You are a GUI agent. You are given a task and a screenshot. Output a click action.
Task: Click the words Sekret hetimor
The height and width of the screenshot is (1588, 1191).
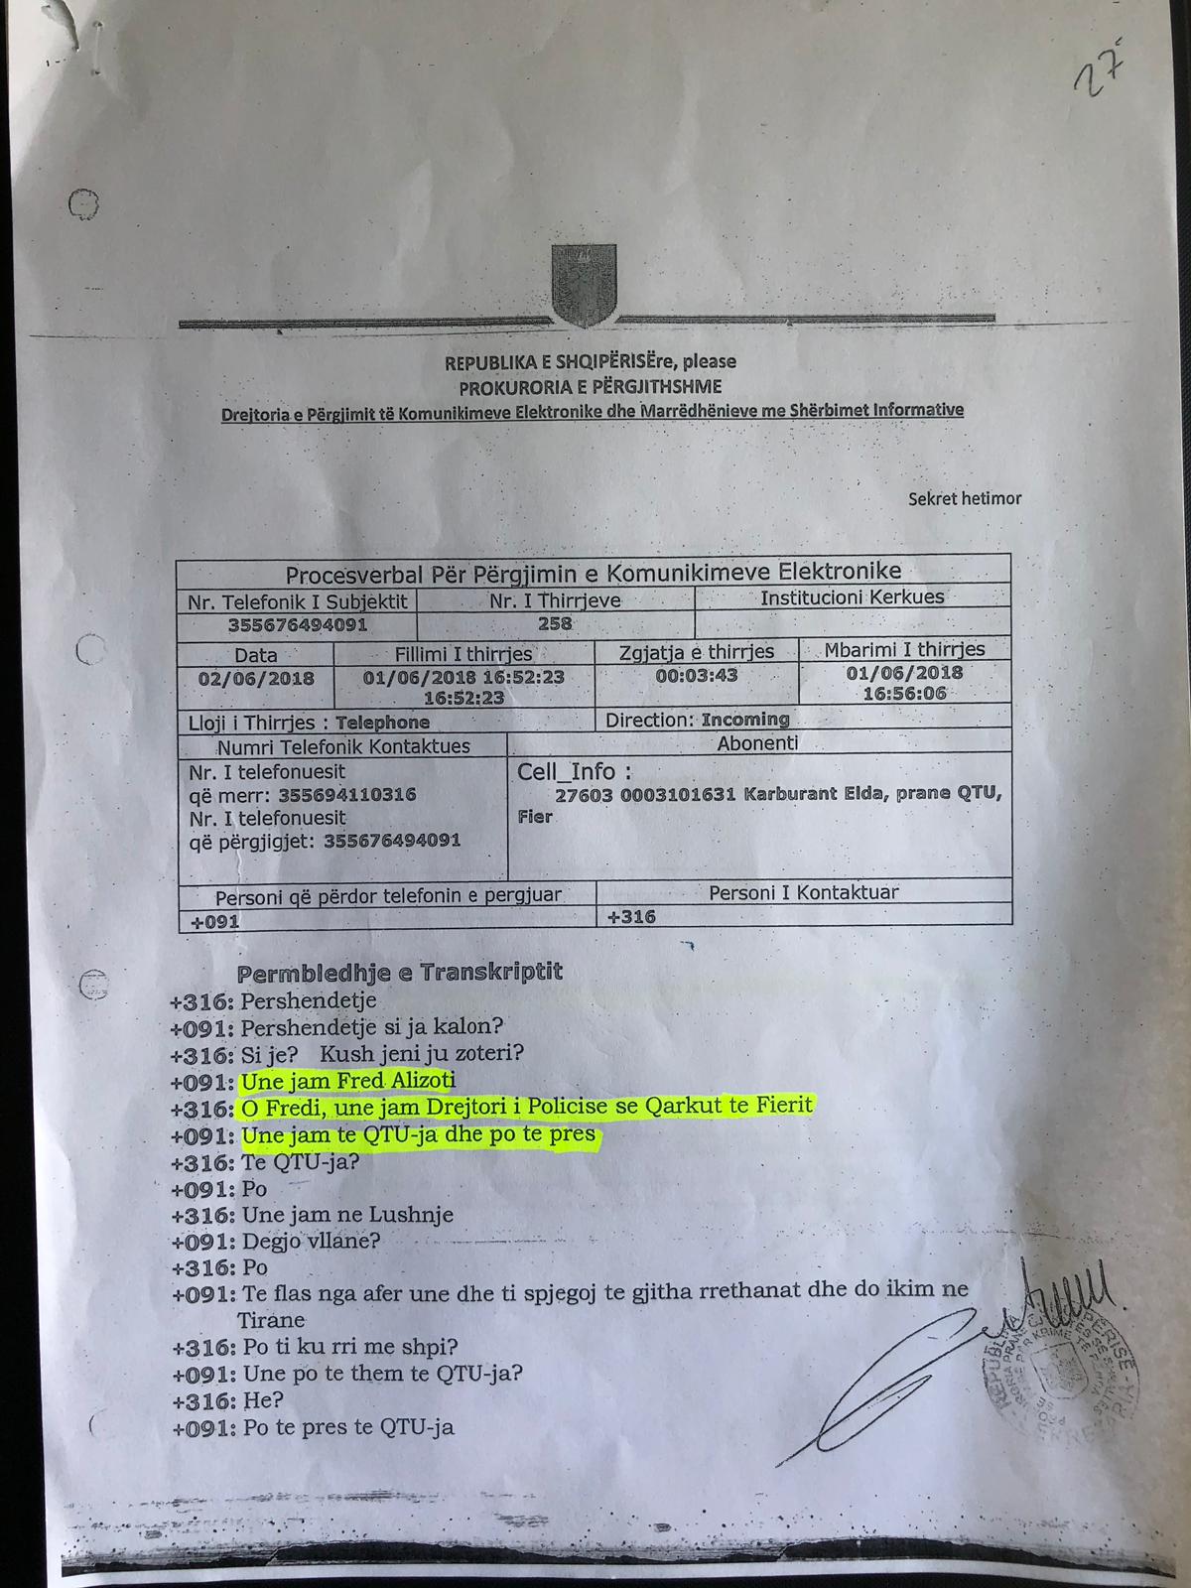pyautogui.click(x=964, y=498)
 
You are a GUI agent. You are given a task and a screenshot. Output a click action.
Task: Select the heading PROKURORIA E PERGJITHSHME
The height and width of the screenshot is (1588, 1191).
pyautogui.click(x=590, y=386)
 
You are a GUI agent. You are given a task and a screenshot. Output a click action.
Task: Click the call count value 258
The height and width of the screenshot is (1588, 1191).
pyautogui.click(x=555, y=623)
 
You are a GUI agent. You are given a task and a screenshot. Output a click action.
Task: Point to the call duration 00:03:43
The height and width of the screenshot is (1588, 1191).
pyautogui.click(x=696, y=675)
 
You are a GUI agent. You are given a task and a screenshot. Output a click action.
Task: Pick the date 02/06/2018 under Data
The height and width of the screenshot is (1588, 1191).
pyautogui.click(x=256, y=679)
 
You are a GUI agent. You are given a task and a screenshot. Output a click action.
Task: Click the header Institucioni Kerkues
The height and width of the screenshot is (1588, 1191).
pyautogui.click(x=852, y=597)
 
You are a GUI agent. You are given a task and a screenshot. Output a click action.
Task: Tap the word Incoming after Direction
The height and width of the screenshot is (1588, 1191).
pyautogui.click(x=744, y=720)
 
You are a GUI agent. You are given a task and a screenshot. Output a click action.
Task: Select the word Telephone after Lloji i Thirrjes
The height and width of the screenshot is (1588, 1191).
pyautogui.click(x=382, y=723)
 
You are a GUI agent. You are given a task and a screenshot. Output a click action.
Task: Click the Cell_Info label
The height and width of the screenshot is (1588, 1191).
pyautogui.click(x=574, y=771)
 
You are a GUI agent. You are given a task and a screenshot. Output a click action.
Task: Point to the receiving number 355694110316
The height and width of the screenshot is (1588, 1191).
pyautogui.click(x=346, y=795)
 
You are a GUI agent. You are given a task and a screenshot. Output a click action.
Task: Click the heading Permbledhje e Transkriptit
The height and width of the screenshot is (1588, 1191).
pyautogui.click(x=399, y=972)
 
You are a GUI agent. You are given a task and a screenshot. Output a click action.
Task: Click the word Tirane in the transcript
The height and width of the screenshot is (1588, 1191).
pyautogui.click(x=271, y=1320)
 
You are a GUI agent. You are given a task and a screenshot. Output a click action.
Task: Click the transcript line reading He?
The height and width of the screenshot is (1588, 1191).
pyautogui.click(x=263, y=1400)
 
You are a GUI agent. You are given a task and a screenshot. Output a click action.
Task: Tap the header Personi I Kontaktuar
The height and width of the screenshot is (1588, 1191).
pyautogui.click(x=803, y=892)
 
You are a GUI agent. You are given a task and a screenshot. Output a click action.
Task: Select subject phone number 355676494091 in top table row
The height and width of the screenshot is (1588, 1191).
pyautogui.click(x=297, y=625)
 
